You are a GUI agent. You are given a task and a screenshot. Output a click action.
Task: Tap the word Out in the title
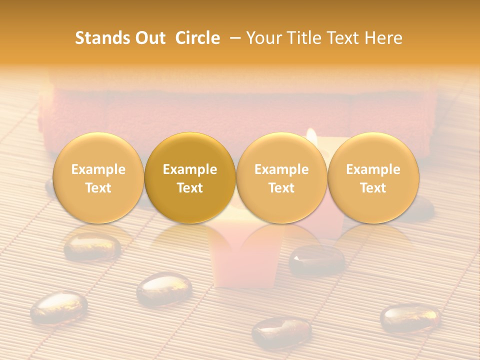pos(149,38)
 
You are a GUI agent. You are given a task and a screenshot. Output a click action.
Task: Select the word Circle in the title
pos(197,38)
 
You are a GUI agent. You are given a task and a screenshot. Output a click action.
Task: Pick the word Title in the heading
pos(301,38)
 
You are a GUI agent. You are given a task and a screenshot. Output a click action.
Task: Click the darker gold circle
pos(190,178)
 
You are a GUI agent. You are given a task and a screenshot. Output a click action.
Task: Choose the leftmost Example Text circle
pos(98,178)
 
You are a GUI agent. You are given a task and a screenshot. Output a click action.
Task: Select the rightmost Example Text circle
pos(373,178)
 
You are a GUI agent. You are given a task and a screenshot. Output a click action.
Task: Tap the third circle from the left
pos(281,178)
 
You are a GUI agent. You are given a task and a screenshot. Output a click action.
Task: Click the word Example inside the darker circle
pos(190,169)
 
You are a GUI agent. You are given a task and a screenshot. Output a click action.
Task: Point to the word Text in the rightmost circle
pos(373,188)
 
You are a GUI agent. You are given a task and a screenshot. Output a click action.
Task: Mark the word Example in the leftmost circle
pos(98,169)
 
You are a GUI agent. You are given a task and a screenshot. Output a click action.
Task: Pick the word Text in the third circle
pos(281,188)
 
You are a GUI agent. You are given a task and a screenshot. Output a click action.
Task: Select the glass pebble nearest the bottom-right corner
pos(410,318)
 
